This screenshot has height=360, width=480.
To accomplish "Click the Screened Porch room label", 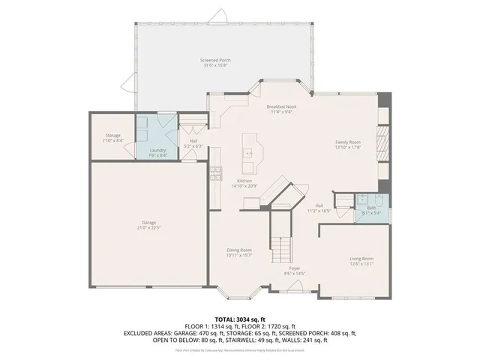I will [215, 59].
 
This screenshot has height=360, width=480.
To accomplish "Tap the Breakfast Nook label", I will [282, 106].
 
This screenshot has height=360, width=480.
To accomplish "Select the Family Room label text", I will [347, 142].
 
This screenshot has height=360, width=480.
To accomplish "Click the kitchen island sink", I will [250, 154].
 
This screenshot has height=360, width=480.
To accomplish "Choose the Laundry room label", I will [157, 150].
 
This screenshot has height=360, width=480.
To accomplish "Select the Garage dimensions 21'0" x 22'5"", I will [148, 227].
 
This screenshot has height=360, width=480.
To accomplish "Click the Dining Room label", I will [240, 250].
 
